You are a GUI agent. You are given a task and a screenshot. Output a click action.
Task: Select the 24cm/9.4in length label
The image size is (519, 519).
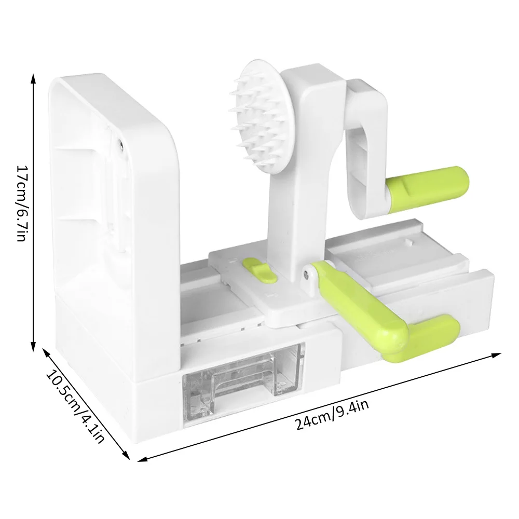tap(332, 415)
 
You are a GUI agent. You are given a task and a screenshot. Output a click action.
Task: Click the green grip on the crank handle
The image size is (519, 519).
tap(427, 184)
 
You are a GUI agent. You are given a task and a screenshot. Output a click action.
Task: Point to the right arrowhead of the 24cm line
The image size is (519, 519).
tap(496, 356)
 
